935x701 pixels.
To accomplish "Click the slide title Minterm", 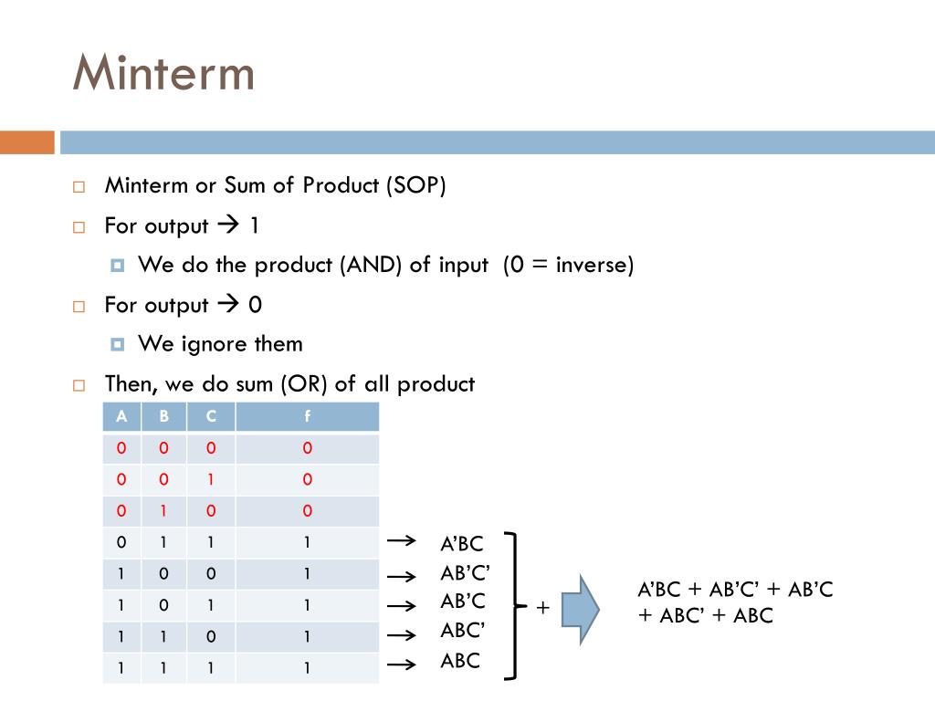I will (x=163, y=73).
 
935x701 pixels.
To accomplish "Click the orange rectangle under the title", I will (x=26, y=142).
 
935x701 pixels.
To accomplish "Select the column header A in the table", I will (x=121, y=417).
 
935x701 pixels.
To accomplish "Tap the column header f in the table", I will (x=307, y=417).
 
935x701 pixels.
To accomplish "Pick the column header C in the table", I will (x=211, y=417).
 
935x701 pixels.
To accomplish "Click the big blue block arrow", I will (x=580, y=609).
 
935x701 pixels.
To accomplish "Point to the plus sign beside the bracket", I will (x=542, y=608).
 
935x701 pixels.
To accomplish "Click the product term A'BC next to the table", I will (x=461, y=545).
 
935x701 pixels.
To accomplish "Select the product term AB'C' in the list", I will (x=465, y=573).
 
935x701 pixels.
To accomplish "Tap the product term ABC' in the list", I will (x=463, y=631).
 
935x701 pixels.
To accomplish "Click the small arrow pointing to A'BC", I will (x=401, y=542).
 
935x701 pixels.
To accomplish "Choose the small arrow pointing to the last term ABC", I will (x=401, y=664).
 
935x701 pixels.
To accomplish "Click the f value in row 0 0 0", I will (x=307, y=448).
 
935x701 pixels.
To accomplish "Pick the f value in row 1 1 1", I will (x=307, y=668).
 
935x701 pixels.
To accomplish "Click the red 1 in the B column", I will (x=164, y=510).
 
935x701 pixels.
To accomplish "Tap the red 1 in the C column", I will (x=211, y=479).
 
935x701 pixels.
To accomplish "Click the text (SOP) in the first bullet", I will (x=415, y=185).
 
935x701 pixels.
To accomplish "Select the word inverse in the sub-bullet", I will (x=594, y=265).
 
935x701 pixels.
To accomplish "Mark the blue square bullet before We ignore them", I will (x=117, y=344).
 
